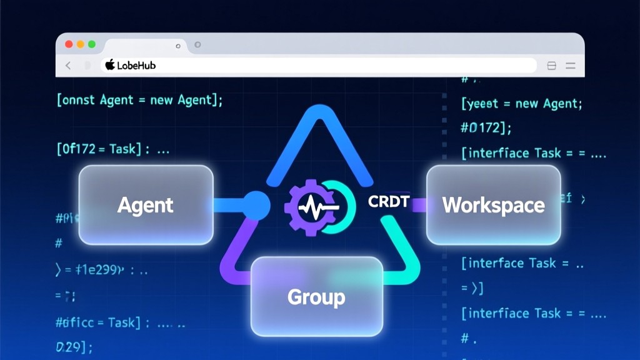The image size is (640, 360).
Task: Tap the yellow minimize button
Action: coord(80,44)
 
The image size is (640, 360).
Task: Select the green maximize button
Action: coord(92,44)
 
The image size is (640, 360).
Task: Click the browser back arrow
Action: coord(69,66)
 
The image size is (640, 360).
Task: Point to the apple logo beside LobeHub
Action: coord(110,65)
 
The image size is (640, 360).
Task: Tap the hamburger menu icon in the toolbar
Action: coord(570,66)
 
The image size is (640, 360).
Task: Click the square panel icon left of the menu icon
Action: coord(551,66)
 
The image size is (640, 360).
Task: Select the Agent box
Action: coord(146,204)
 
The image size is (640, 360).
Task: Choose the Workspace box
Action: coord(493,204)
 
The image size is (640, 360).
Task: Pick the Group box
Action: coord(316,296)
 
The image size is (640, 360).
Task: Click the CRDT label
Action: coord(389,202)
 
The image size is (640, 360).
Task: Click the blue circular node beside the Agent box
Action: coord(256,205)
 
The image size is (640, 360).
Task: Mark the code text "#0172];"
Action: coord(486,129)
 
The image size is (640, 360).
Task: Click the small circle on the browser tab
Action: coord(178,46)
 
